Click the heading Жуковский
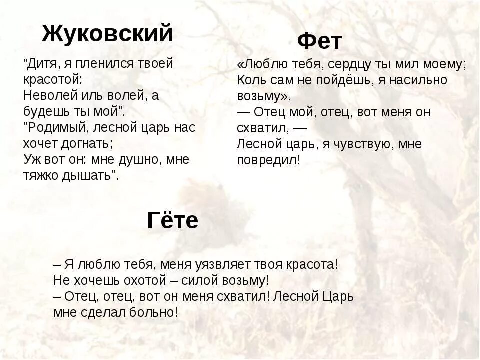107,33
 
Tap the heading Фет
320,41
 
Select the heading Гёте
173,220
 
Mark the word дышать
90,175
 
